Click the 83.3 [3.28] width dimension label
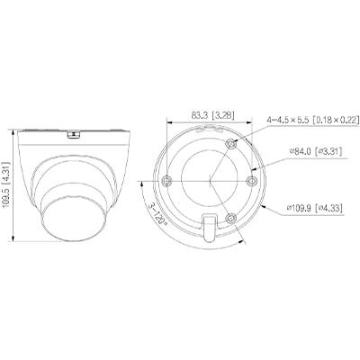(x=212, y=116)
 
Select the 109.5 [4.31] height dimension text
(x=5, y=185)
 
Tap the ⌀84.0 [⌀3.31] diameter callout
(x=316, y=151)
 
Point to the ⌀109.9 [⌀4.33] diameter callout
(x=315, y=208)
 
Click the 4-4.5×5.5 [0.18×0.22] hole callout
(x=313, y=120)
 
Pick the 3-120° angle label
(x=157, y=214)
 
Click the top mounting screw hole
(x=231, y=143)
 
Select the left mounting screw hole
(x=166, y=181)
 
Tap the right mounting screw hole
(x=251, y=181)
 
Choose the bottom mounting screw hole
(x=231, y=218)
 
